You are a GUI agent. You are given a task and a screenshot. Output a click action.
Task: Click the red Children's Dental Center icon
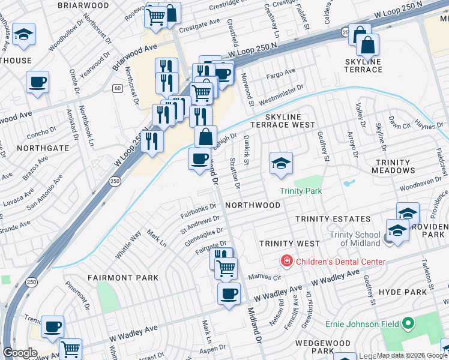click(x=287, y=262)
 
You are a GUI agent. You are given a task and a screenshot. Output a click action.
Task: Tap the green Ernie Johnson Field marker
click(x=409, y=324)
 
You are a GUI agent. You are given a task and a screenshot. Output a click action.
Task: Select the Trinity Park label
click(x=301, y=191)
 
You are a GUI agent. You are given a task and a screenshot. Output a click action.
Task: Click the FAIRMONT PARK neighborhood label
click(x=123, y=278)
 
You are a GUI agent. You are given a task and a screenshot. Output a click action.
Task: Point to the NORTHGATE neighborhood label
click(x=43, y=148)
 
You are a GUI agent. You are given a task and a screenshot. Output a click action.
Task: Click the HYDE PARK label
click(x=407, y=292)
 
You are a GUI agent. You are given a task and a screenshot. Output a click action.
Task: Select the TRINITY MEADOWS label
click(x=400, y=166)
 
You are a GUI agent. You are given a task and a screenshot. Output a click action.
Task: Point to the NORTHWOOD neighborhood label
click(x=253, y=205)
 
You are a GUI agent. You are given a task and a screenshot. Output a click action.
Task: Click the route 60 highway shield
click(x=116, y=88)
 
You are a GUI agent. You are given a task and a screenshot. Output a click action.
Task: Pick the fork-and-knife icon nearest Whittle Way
click(x=152, y=142)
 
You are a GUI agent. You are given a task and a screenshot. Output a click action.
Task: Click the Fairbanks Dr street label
click(x=199, y=208)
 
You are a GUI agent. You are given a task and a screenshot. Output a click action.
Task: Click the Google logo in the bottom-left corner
click(x=20, y=353)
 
